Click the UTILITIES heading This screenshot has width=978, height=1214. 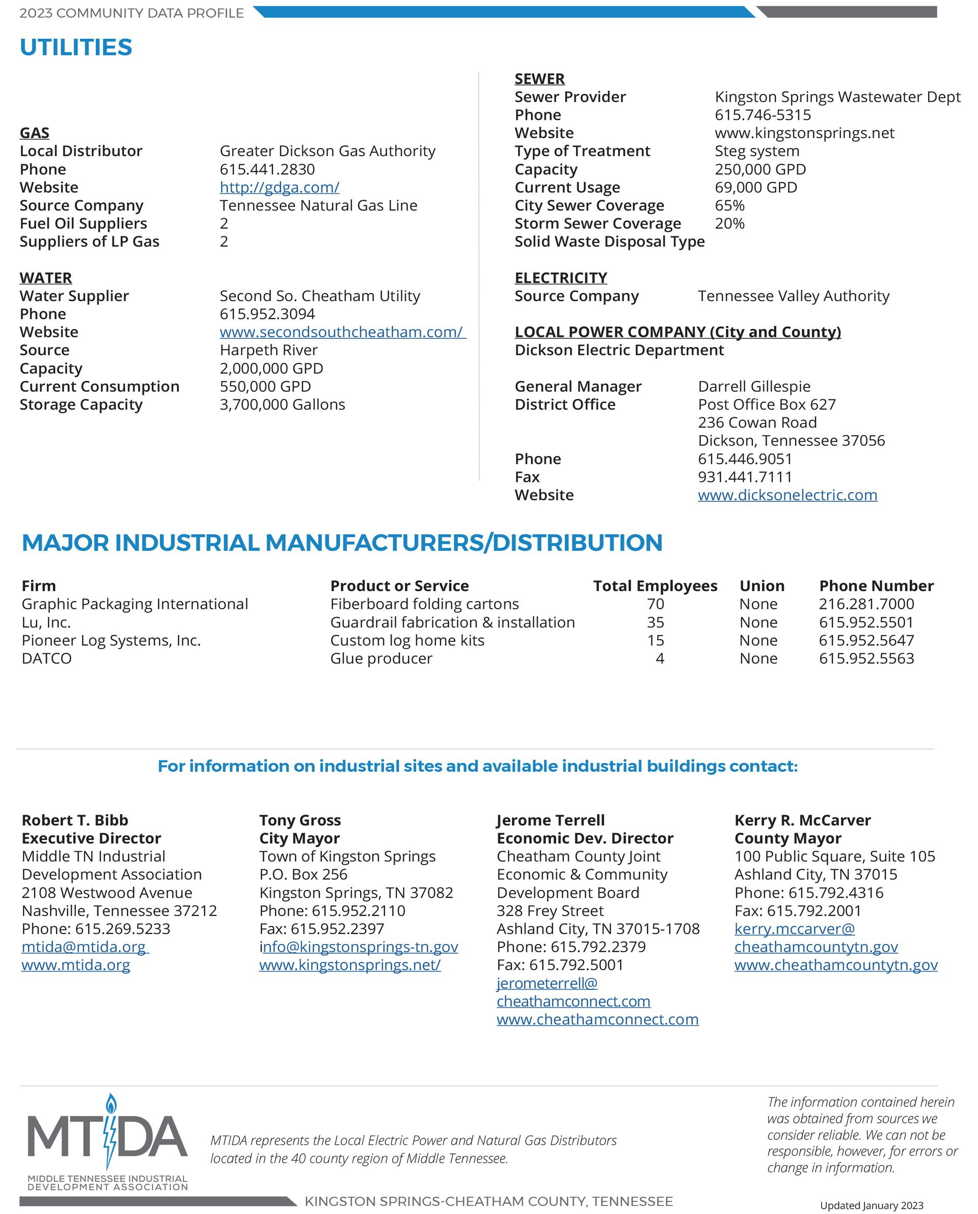tap(76, 47)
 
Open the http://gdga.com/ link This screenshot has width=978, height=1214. tap(280, 187)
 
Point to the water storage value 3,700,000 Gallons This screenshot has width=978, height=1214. tap(282, 404)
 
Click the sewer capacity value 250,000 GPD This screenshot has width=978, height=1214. tap(760, 169)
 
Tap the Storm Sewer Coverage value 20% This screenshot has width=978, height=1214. tap(729, 224)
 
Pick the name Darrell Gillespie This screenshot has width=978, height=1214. tap(754, 387)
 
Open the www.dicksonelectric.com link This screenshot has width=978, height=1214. tap(787, 495)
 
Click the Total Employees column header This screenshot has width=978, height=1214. tap(655, 586)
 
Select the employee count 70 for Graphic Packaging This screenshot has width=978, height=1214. tap(655, 604)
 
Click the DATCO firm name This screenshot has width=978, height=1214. tap(47, 659)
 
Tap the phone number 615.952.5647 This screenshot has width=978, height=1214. tap(866, 640)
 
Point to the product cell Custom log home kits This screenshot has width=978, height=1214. tap(407, 640)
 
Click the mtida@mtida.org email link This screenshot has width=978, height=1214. tap(84, 947)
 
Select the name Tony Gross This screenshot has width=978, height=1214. tap(300, 820)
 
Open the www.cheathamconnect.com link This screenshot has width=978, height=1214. tap(597, 1019)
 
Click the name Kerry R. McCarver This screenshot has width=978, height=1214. tap(802, 820)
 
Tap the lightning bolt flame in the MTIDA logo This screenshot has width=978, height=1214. tap(111, 1130)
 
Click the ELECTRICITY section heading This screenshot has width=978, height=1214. tap(560, 278)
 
